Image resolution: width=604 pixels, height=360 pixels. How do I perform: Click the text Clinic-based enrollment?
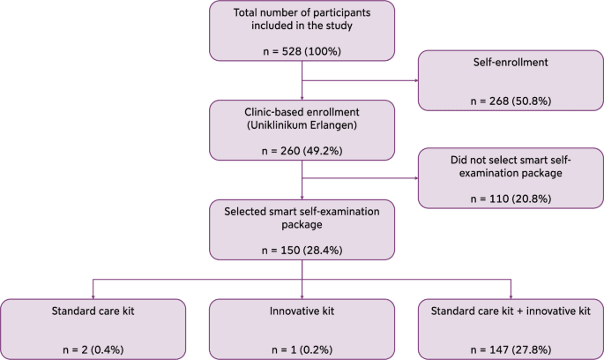(x=302, y=114)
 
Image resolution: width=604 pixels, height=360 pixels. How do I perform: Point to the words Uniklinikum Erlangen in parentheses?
(x=302, y=126)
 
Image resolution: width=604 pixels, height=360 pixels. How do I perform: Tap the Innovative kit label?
(x=302, y=311)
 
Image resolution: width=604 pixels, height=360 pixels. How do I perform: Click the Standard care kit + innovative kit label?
(x=511, y=311)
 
